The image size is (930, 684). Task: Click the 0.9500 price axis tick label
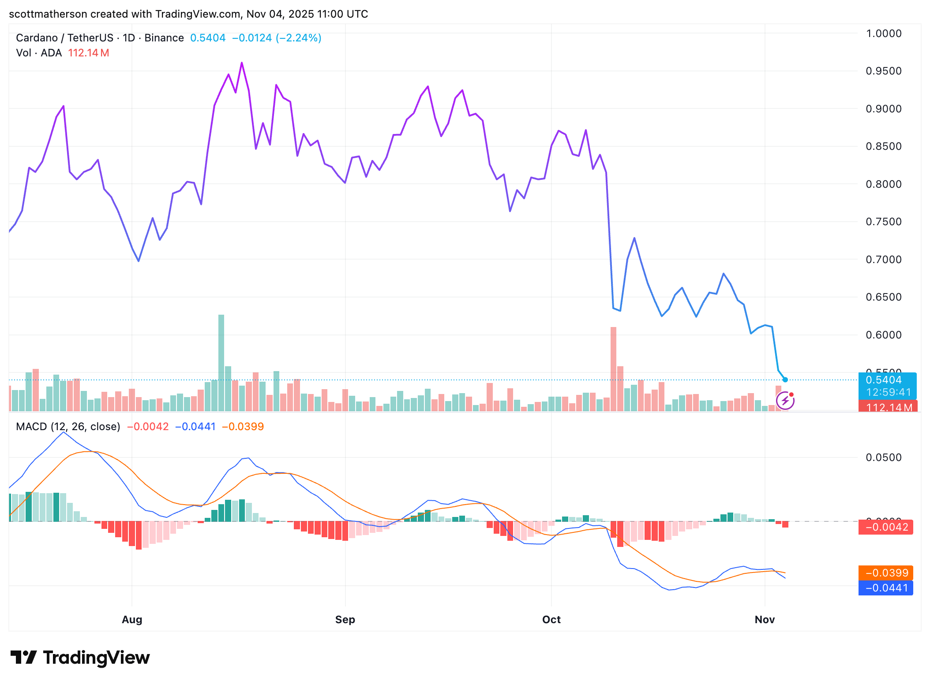pos(883,71)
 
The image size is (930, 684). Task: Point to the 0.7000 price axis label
pos(883,260)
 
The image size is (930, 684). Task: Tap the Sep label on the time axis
pos(345,619)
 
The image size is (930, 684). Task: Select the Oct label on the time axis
pos(551,619)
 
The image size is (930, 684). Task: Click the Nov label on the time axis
pos(765,619)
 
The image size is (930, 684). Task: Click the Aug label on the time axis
pos(132,619)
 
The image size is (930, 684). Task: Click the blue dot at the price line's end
pos(785,379)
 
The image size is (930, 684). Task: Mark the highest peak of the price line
pos(242,63)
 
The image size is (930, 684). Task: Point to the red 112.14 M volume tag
pos(888,407)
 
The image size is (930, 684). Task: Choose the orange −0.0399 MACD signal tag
pos(885,572)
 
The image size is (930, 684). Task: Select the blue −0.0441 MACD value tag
pos(885,587)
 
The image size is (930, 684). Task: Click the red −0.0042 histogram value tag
pos(885,527)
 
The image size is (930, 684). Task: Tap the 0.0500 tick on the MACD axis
pos(883,457)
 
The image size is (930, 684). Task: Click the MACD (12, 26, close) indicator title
pos(68,426)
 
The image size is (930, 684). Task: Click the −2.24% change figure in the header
pos(299,38)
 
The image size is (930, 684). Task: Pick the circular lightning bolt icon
pos(785,401)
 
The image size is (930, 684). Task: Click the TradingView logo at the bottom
pos(80,658)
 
